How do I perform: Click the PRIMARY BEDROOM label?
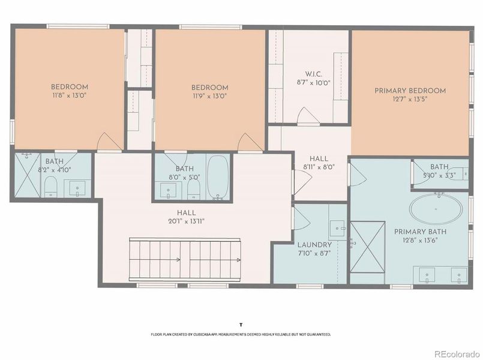tap(410, 91)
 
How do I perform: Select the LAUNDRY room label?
tap(314, 245)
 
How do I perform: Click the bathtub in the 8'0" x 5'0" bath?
tap(217, 178)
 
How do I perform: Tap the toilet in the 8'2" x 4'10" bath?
tap(52, 187)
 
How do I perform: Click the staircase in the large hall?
tap(185, 259)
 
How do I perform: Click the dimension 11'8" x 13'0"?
tap(69, 95)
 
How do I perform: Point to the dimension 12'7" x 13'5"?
tap(410, 100)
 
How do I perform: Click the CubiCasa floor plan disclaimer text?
tap(241, 334)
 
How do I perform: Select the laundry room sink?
tap(336, 228)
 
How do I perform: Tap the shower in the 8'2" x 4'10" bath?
tap(26, 175)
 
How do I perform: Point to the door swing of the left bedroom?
tap(106, 142)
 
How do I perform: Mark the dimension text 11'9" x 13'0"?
tap(210, 95)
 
